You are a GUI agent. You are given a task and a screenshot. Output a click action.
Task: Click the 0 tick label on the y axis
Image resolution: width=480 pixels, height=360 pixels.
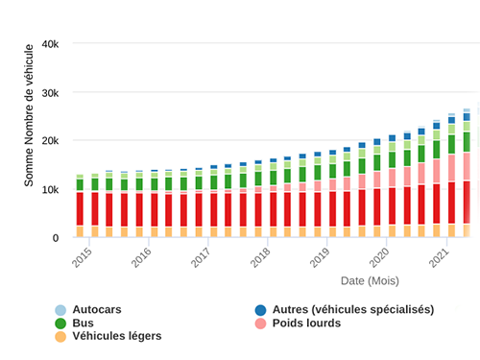[56, 238]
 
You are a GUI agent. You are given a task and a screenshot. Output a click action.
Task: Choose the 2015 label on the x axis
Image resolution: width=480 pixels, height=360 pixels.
[82, 257]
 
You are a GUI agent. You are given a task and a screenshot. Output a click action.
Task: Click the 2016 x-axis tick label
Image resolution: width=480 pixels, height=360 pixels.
[141, 257]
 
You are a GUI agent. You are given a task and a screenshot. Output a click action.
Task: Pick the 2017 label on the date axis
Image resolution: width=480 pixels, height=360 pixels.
[201, 257]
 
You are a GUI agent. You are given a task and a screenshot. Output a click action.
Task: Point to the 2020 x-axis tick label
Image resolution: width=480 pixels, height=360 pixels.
[379, 257]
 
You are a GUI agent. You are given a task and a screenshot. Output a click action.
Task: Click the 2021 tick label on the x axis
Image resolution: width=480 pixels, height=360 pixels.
[439, 257]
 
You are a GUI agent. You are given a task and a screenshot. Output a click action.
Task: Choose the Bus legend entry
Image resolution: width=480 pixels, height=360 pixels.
[84, 323]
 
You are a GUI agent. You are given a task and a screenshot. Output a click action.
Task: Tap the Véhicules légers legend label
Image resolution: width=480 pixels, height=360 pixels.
[116, 336]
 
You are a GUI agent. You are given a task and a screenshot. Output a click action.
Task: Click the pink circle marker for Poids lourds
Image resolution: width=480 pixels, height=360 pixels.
[260, 324]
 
